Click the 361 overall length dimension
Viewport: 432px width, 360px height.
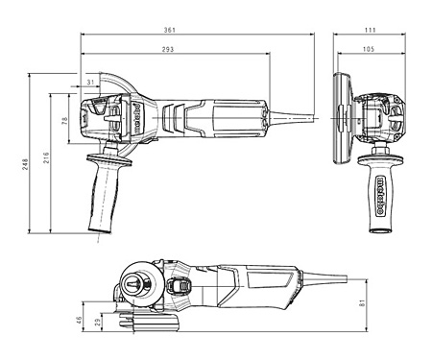(x=170, y=30)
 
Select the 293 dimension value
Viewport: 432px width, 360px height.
(x=168, y=49)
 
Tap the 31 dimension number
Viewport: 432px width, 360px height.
(x=91, y=83)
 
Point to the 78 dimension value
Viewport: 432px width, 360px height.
(x=65, y=121)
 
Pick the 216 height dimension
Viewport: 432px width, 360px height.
(x=46, y=158)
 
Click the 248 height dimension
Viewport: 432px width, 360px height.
(x=25, y=164)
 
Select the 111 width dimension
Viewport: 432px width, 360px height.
(x=370, y=30)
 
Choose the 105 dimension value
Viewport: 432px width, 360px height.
(x=369, y=49)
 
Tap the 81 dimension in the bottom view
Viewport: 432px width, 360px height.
(x=362, y=302)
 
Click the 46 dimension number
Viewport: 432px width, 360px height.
(x=79, y=320)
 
